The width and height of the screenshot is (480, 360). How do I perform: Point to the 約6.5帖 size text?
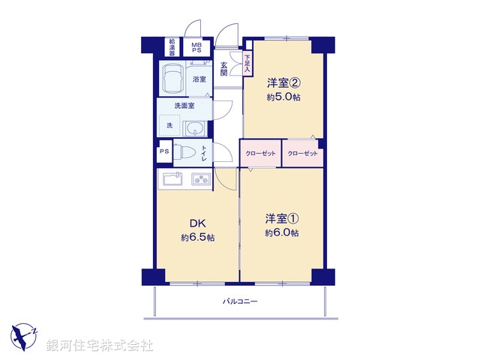click(197, 238)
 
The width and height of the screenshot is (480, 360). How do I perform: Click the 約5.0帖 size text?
click(283, 97)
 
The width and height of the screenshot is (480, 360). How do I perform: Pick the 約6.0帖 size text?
click(282, 233)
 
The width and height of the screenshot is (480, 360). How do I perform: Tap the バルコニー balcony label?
click(240, 301)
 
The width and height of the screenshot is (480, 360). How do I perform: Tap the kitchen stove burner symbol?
click(201, 179)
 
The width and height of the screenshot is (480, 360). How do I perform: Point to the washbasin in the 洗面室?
click(195, 127)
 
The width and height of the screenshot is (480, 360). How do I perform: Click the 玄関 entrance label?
click(223, 69)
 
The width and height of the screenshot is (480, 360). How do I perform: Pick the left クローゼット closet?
click(260, 154)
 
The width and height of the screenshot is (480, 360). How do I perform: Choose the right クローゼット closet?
click(302, 154)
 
